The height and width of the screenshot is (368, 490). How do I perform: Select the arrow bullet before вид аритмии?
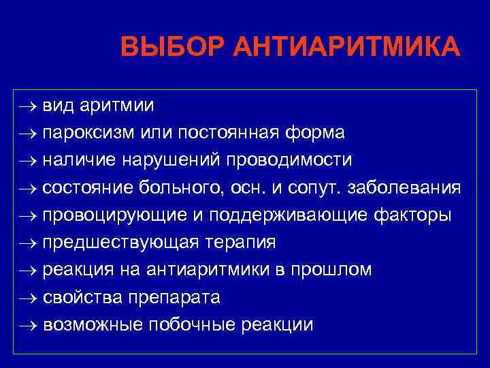tap(27, 106)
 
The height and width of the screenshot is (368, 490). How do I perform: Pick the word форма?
tap(321, 133)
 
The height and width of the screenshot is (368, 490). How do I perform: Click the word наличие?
tap(80, 160)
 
